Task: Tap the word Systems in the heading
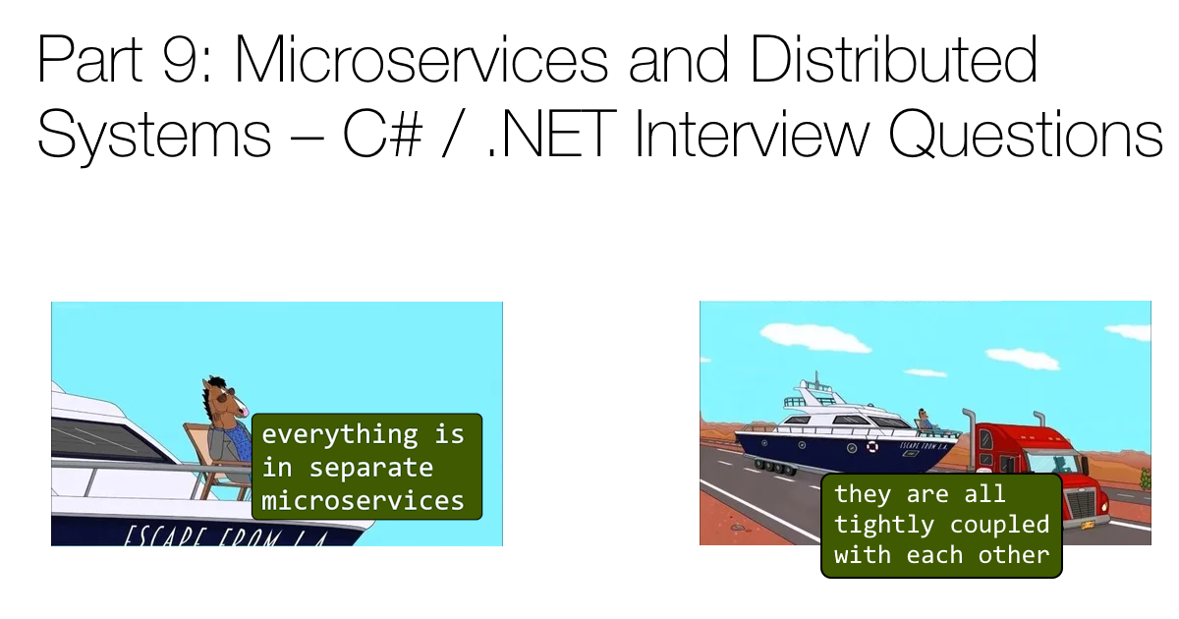tap(153, 136)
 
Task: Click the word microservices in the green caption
tap(363, 500)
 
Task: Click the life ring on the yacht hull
tap(871, 448)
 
